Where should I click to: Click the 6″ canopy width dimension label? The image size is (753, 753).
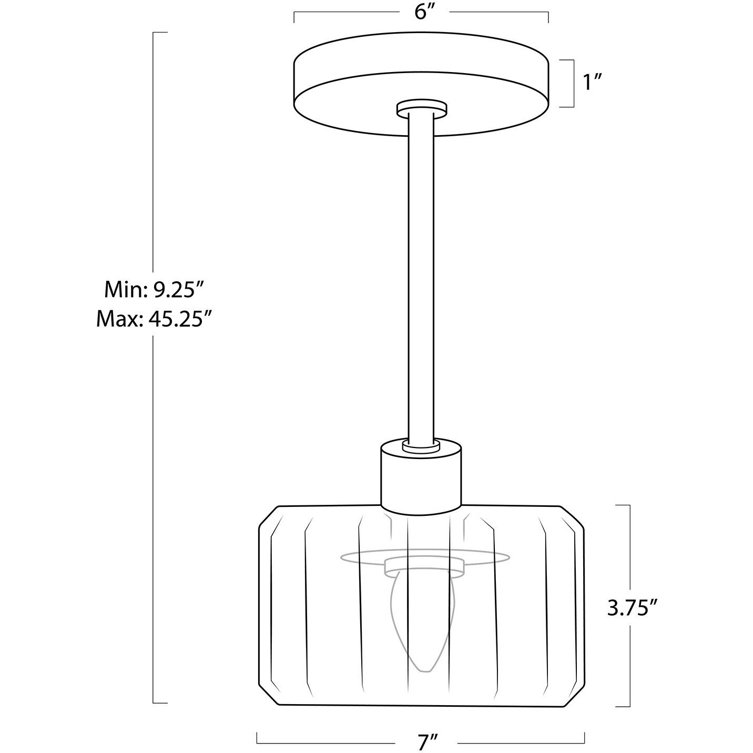point(422,12)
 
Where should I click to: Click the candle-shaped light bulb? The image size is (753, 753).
point(421,620)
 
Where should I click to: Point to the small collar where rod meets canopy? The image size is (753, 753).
point(422,108)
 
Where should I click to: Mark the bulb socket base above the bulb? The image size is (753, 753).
point(424,566)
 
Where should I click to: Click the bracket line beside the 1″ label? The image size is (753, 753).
point(572,83)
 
